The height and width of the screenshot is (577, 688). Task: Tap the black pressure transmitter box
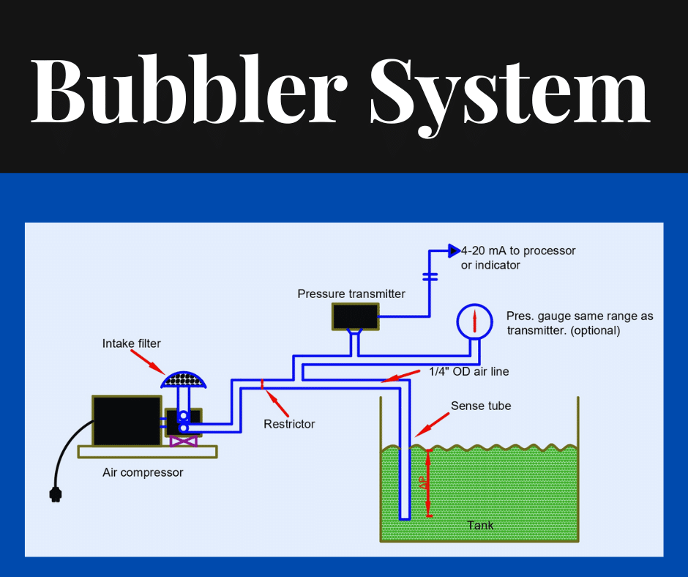tap(355, 316)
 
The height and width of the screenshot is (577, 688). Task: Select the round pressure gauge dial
tap(474, 320)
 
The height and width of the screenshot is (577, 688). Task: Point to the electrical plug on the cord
tap(55, 495)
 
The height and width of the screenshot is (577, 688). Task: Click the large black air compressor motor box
tap(126, 421)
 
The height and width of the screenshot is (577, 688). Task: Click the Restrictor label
tap(289, 424)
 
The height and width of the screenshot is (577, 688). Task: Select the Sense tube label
tap(481, 406)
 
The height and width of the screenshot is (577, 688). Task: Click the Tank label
tap(480, 525)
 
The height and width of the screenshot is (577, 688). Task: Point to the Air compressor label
tap(143, 472)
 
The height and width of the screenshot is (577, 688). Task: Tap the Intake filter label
tap(131, 343)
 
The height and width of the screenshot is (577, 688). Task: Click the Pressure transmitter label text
tap(351, 294)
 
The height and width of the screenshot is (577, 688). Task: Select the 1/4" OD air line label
tap(468, 372)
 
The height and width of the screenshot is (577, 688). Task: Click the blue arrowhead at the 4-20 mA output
tap(453, 250)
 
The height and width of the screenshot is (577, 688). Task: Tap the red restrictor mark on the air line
tap(263, 382)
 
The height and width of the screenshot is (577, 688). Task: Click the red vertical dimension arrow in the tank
tap(429, 483)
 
